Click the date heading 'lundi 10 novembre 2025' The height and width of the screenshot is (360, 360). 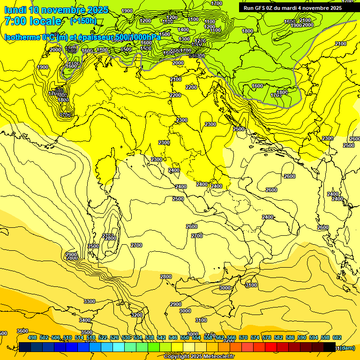pos(56,10)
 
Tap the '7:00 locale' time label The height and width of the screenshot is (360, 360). pos(33,21)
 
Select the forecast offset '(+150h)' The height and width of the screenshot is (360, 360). pos(83,21)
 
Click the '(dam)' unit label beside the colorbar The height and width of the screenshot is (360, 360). pos(347,348)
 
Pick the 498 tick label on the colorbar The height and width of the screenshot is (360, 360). pos(32,337)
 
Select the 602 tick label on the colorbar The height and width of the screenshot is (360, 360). pos(337,337)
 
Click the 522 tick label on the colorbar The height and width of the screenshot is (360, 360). pos(103,337)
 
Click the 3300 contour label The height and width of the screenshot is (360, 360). pos(89,301)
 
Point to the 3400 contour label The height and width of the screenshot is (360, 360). pos(85,320)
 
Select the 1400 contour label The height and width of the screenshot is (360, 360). pos(184,30)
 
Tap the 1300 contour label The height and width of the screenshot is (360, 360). pos(184,39)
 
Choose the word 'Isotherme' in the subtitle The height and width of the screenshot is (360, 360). pos(22,37)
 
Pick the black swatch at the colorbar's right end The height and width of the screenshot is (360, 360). pos(330,347)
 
